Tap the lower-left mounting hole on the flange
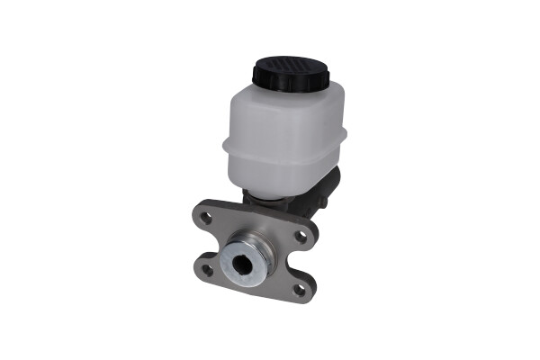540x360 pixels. pos(208,268)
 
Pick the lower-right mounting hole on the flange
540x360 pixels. pos(299,289)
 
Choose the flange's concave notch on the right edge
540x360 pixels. pos(309,263)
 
